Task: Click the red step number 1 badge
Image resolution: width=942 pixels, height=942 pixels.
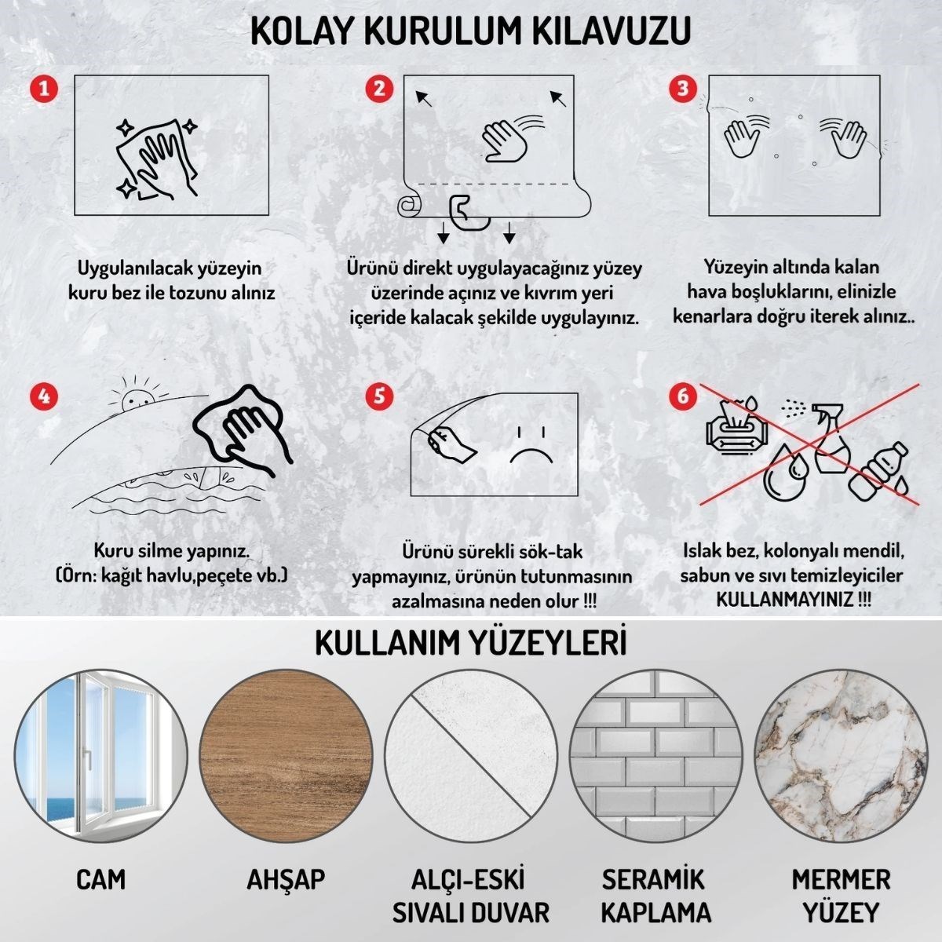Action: pos(44,87)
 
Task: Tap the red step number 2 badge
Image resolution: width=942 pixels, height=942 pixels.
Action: pos(380,87)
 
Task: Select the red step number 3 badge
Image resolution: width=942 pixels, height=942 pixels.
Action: pos(683,87)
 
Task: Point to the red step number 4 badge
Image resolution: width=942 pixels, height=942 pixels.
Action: pos(44,395)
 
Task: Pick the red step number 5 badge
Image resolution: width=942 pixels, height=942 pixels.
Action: pos(380,395)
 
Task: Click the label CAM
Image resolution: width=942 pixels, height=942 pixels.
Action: pos(100,879)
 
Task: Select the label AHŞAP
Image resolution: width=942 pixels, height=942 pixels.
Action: pos(286,879)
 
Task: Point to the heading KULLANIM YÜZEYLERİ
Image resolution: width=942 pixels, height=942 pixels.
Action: pos(471,643)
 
